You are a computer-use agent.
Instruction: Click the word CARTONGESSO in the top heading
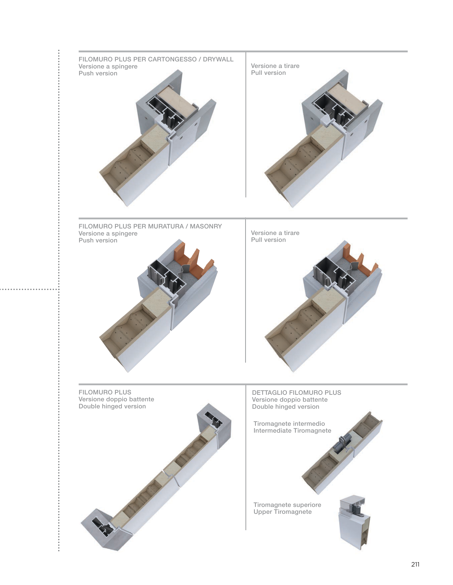(x=172, y=59)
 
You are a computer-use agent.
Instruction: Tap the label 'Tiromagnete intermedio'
(x=289, y=423)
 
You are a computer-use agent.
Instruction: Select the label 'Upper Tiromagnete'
(x=283, y=512)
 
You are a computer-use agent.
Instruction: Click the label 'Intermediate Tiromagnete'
(x=292, y=430)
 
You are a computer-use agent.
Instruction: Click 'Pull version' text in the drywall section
(x=268, y=73)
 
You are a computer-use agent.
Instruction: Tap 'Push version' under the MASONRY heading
(x=98, y=240)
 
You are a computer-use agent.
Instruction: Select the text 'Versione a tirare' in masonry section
(x=275, y=233)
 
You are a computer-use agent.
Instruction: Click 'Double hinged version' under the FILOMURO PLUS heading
(x=112, y=406)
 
